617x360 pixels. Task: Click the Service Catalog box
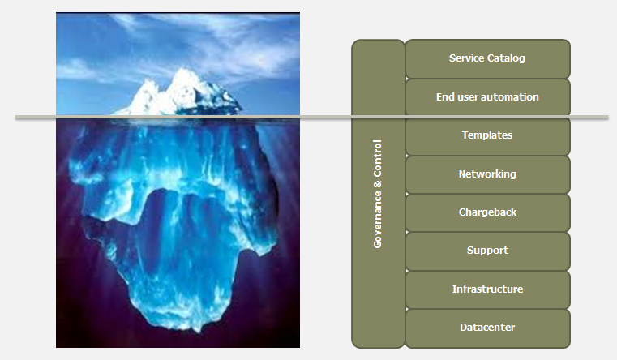point(487,58)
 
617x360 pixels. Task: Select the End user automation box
point(487,97)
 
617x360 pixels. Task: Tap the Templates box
point(487,136)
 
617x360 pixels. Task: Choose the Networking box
point(487,174)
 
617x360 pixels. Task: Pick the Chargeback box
point(487,212)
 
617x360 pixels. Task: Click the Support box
point(487,251)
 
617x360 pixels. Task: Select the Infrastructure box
point(487,289)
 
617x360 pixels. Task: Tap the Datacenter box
point(487,328)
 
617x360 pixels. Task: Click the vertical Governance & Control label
point(377,194)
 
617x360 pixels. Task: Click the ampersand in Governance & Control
point(378,184)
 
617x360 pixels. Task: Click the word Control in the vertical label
point(377,158)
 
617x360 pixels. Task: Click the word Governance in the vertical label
point(377,220)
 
